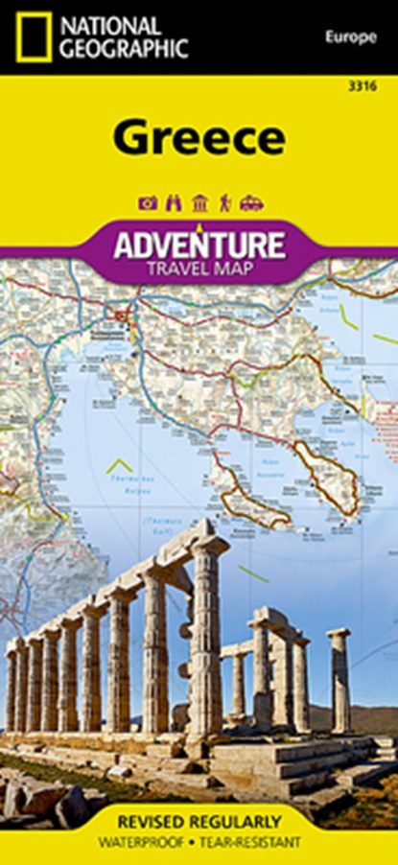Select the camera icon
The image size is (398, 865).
pos(148,202)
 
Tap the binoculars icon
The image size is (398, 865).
pos(174,202)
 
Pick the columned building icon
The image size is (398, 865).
pos(199,202)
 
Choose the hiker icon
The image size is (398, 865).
pos(224,202)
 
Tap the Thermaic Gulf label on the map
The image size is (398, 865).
pos(140,517)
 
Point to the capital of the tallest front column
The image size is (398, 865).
pos(209,547)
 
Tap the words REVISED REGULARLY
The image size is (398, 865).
pos(199,821)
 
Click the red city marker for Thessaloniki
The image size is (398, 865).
pos(119,314)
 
